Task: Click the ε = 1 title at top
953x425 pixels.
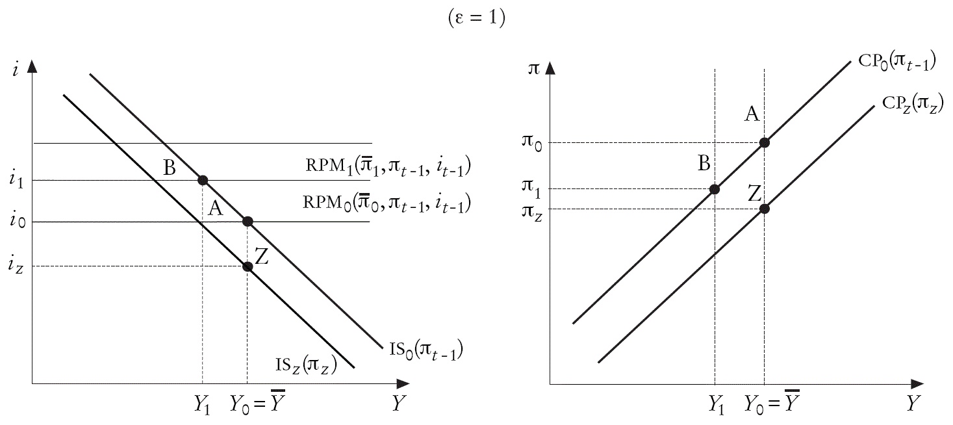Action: pos(477,19)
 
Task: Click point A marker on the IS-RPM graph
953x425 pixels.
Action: pos(248,222)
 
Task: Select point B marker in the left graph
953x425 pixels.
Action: pos(202,180)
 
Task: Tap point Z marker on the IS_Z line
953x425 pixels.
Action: pos(248,266)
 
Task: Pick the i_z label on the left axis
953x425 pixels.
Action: pos(15,266)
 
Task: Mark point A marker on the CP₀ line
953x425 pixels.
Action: pos(764,142)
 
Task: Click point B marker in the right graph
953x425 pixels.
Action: pos(715,189)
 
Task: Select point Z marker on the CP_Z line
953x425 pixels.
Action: pos(764,209)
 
